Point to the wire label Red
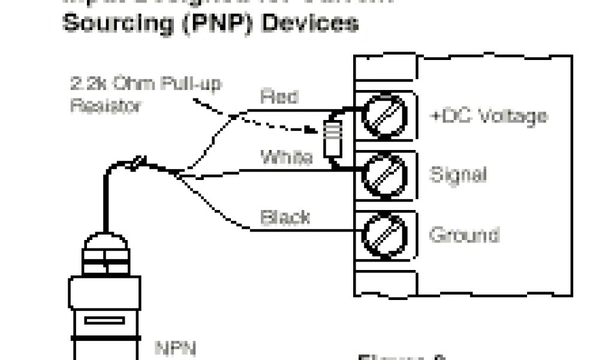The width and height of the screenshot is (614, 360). coord(279,97)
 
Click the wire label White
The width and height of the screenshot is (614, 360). coord(286,158)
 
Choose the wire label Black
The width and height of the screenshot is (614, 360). coord(285,217)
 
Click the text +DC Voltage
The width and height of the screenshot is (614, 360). coord(488,115)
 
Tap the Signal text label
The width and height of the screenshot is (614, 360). coord(457,175)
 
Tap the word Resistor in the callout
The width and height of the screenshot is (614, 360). coord(106,106)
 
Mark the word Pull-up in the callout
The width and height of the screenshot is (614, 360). coord(191,83)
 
